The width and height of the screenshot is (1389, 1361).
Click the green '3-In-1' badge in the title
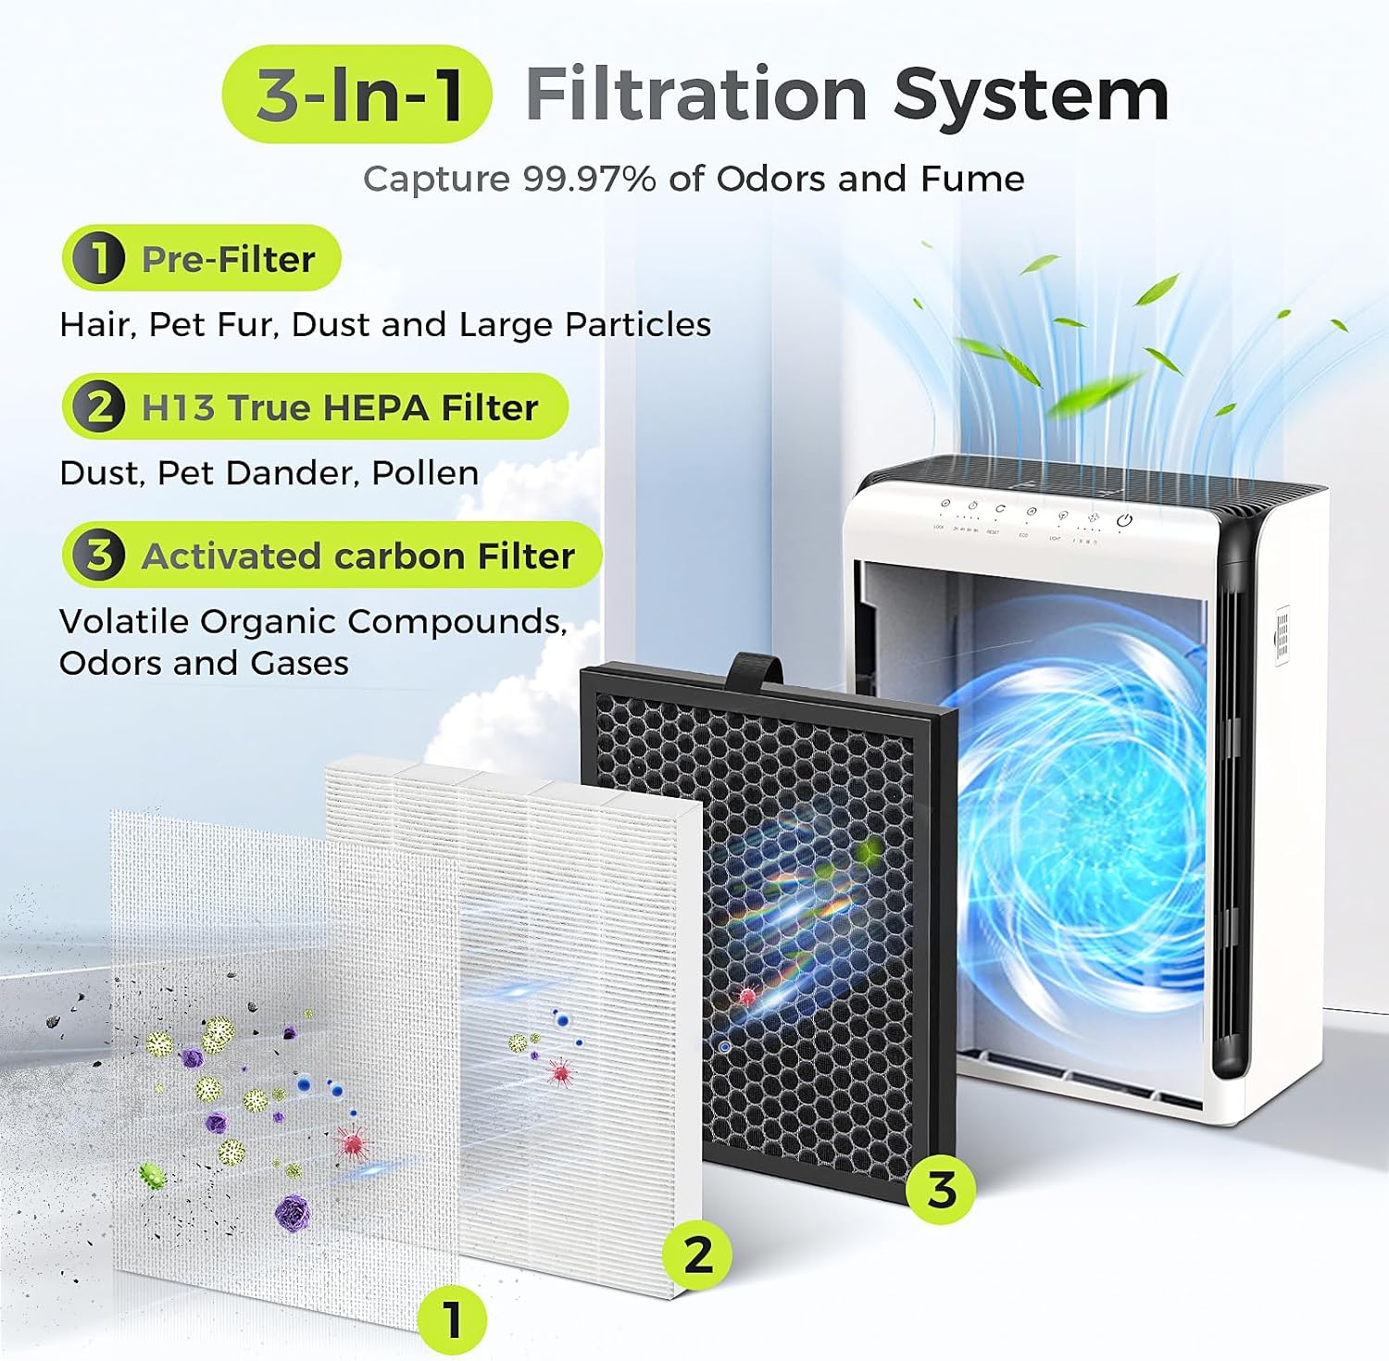pyautogui.click(x=357, y=94)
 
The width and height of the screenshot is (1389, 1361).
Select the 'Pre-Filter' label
pyautogui.click(x=228, y=259)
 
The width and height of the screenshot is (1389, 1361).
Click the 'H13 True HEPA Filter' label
pyautogui.click(x=339, y=407)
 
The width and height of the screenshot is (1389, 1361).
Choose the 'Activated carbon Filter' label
pyautogui.click(x=357, y=556)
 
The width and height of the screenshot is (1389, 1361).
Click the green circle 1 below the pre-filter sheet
pyautogui.click(x=452, y=1319)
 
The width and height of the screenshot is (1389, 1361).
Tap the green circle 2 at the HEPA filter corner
pyautogui.click(x=698, y=1255)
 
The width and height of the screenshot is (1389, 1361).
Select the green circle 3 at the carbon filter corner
pyautogui.click(x=941, y=1188)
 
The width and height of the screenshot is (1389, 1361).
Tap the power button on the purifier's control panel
pyautogui.click(x=1124, y=520)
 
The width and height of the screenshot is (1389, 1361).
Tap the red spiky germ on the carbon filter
pyautogui.click(x=747, y=997)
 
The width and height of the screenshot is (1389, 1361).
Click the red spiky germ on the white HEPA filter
pyautogui.click(x=559, y=1073)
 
